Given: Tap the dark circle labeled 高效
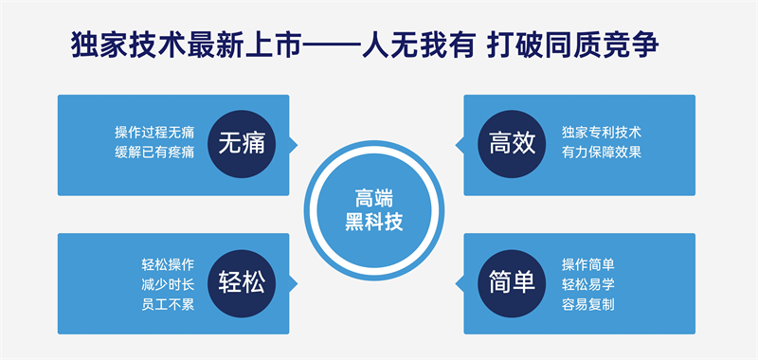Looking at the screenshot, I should (x=513, y=144).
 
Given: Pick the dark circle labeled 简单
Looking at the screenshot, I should (x=513, y=282).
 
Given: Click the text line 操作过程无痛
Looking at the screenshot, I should (x=154, y=133).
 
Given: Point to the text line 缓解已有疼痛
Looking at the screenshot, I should (x=154, y=153).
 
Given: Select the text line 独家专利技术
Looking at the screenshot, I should (x=601, y=133).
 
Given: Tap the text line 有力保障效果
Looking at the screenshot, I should (x=601, y=153).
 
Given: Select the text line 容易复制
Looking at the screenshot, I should (x=587, y=304).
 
